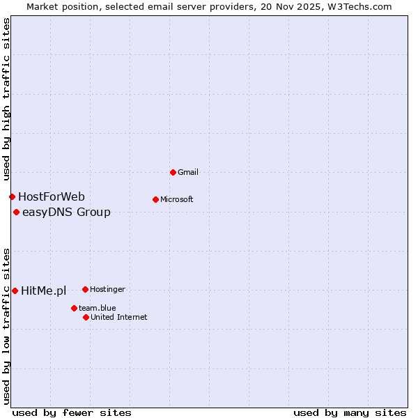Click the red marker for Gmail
click(x=173, y=172)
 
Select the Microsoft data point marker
click(x=155, y=199)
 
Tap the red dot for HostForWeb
click(x=12, y=197)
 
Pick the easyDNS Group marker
click(x=16, y=212)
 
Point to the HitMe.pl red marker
click(x=15, y=291)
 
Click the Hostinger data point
click(x=85, y=289)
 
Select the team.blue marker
click(x=74, y=308)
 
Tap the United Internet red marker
click(x=86, y=317)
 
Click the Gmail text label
click(x=189, y=172)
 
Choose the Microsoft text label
click(x=177, y=199)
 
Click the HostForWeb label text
click(x=52, y=197)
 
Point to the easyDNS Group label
click(x=66, y=212)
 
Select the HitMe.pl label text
click(x=43, y=291)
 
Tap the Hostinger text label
click(x=107, y=289)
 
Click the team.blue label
click(x=97, y=308)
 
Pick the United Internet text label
click(x=118, y=317)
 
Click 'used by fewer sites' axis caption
click(x=72, y=412)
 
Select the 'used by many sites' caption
click(x=349, y=412)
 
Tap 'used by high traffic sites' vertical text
click(x=6, y=100)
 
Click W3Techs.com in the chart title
click(x=359, y=6)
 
